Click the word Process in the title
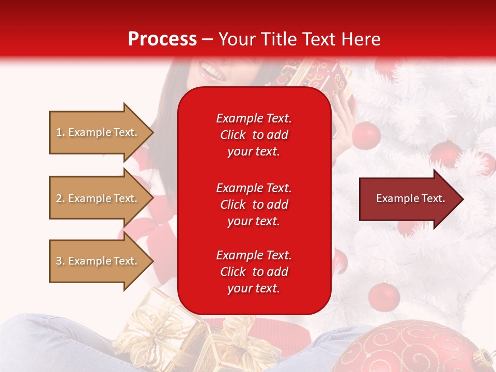coord(162,39)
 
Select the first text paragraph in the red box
coord(254,135)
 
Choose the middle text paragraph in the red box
coord(254,205)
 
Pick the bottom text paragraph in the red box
coord(254,272)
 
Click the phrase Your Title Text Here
coord(300,39)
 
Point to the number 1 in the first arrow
coord(59,132)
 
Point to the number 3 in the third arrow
coord(59,261)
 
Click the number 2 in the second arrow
coord(59,198)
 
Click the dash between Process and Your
coord(208,39)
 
